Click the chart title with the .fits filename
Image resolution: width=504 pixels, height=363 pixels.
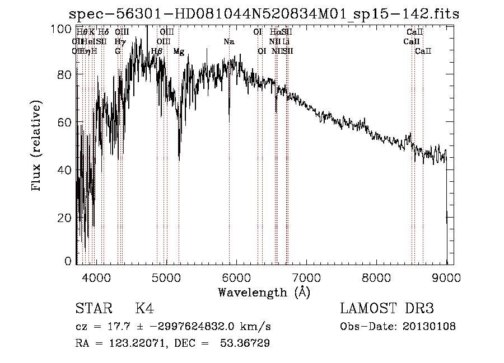click(263, 14)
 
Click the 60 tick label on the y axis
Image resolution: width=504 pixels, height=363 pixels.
click(66, 122)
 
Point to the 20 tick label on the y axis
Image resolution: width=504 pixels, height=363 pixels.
click(66, 217)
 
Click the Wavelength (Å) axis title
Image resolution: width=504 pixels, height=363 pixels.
click(264, 292)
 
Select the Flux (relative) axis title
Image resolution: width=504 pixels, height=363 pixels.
click(38, 147)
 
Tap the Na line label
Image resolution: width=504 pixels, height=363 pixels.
click(229, 42)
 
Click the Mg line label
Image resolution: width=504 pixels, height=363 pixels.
click(179, 51)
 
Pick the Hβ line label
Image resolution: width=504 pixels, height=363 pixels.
click(157, 51)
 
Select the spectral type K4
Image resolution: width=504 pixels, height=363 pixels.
click(144, 309)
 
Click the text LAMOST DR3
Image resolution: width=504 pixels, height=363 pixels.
click(387, 309)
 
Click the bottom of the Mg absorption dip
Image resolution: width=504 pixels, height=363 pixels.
click(179, 159)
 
